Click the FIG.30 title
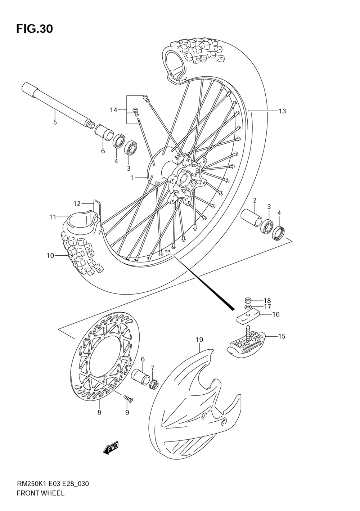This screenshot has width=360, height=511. [x=34, y=28]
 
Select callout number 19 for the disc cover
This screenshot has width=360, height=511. [x=199, y=339]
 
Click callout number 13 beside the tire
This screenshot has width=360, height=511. [x=282, y=111]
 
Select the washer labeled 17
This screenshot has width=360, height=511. [x=248, y=307]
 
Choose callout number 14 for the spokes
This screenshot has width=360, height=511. [x=113, y=110]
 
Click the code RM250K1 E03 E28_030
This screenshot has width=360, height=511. [x=53, y=483]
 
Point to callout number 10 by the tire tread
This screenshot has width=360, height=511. [x=50, y=256]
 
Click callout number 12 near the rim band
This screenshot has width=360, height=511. [x=77, y=204]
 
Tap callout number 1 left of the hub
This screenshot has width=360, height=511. [x=132, y=178]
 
